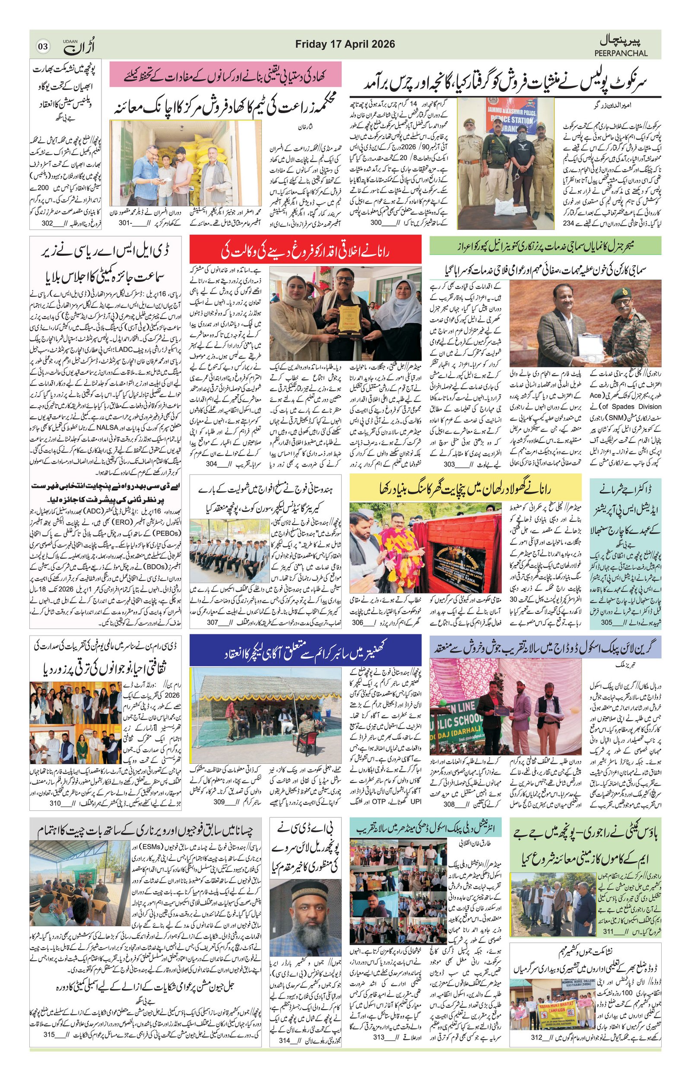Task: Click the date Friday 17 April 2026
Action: [x=345, y=44]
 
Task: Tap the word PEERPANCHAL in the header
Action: [x=621, y=53]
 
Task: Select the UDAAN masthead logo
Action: [x=79, y=45]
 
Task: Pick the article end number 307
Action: [x=212, y=622]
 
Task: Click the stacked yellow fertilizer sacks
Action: [x=198, y=153]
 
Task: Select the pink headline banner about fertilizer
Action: [x=225, y=75]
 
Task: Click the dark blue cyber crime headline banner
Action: [x=305, y=650]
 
